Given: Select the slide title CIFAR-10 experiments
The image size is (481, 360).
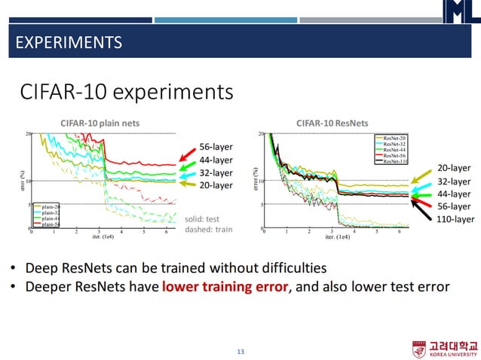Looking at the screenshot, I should [x=126, y=92].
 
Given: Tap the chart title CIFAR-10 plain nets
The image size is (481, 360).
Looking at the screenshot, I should [x=100, y=123].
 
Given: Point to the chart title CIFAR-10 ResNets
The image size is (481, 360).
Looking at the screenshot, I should [x=332, y=123].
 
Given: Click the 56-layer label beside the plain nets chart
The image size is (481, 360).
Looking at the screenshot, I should [x=216, y=146].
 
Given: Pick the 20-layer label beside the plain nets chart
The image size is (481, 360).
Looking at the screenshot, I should [x=216, y=185].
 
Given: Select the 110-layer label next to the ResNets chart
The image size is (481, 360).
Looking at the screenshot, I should [x=456, y=219].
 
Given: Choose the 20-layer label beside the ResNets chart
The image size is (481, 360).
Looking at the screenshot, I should [x=454, y=168].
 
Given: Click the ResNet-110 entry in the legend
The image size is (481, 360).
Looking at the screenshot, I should [x=394, y=161].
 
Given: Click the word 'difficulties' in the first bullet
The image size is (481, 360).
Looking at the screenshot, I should [x=290, y=267].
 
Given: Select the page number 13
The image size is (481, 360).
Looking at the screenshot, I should [x=240, y=352].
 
